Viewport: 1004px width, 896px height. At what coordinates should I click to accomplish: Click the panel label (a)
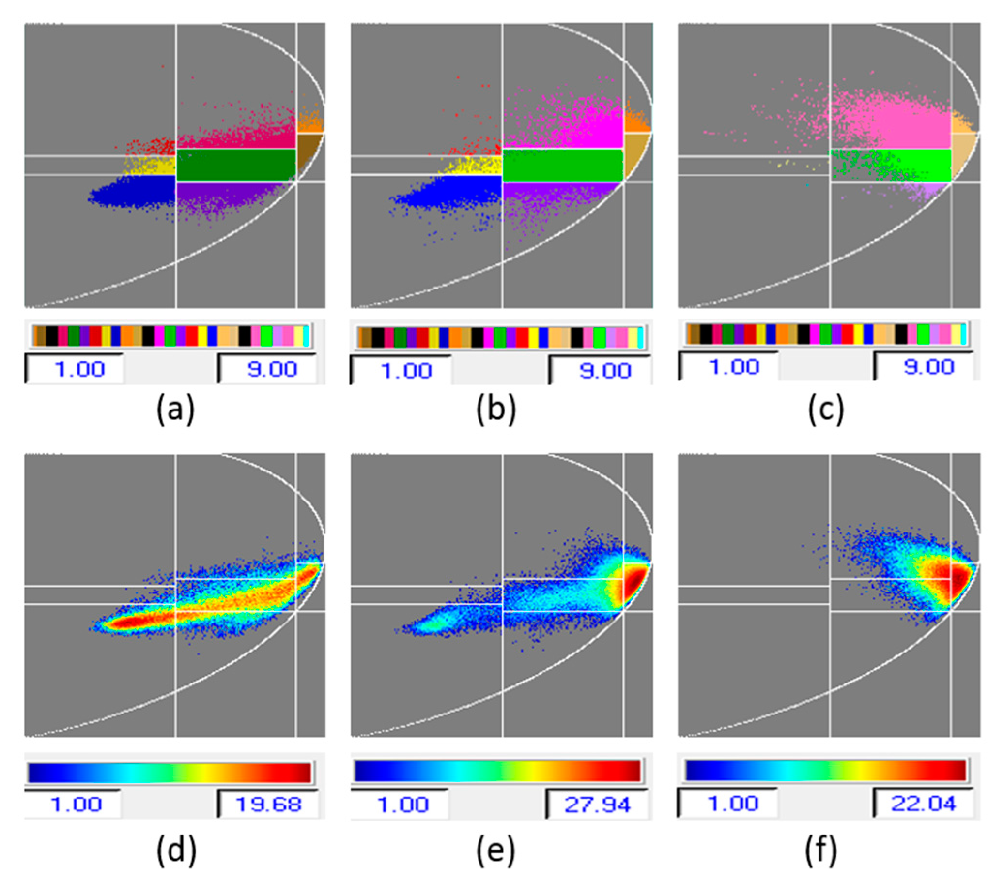point(175,410)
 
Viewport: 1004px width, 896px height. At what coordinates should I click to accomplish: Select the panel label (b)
point(496,410)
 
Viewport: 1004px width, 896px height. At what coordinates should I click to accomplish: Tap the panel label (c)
point(826,410)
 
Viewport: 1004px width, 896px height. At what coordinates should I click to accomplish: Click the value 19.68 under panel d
point(268,805)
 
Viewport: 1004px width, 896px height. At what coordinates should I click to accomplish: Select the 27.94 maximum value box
point(597,805)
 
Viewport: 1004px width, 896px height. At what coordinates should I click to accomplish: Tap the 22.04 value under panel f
point(923,804)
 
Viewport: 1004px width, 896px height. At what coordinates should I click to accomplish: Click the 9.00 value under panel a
point(272,369)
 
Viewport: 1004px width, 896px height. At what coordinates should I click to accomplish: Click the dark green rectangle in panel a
point(236,165)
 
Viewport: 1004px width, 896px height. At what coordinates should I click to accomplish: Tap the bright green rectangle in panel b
point(562,166)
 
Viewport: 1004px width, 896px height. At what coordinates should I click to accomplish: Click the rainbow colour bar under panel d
point(170,773)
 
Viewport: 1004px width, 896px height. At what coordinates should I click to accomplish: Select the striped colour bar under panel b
point(501,338)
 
